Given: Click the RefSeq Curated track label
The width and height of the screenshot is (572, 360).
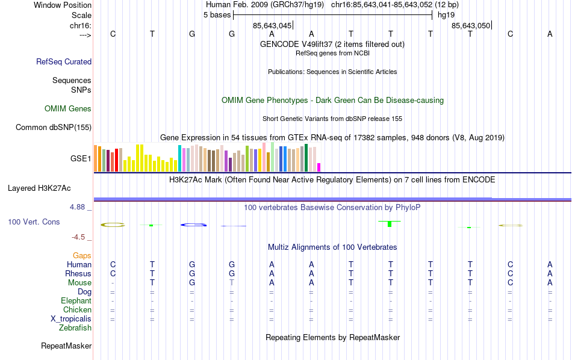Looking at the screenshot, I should tap(64, 61).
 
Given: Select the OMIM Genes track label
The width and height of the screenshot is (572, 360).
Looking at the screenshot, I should tap(68, 109).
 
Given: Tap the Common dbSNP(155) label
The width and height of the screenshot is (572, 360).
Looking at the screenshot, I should tap(54, 127).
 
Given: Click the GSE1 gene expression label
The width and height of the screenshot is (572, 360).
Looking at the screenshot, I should tap(81, 159).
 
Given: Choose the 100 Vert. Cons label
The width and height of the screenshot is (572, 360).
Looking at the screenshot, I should tap(34, 222).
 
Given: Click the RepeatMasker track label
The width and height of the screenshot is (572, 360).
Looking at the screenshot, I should tap(66, 346).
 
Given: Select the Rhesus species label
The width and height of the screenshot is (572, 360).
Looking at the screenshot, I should tap(78, 274).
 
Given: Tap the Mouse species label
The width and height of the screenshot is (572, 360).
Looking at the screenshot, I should tap(79, 283).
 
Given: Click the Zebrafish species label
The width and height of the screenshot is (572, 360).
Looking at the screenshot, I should tap(75, 328).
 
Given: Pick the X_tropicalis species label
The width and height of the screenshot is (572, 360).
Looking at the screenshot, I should tap(71, 319).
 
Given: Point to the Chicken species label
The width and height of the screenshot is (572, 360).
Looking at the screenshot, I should tap(77, 310).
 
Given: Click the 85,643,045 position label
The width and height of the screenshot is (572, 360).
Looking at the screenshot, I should tap(272, 26).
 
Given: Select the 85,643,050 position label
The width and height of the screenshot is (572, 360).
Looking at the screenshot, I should tap(471, 26).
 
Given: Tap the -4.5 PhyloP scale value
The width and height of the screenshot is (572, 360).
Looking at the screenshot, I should tap(81, 237).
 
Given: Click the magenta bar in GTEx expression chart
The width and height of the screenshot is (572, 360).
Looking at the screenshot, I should tap(319, 167).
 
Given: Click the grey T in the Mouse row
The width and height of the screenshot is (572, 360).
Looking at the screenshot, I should tap(232, 283).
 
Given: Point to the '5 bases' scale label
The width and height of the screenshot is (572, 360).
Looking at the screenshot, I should tap(217, 14).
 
